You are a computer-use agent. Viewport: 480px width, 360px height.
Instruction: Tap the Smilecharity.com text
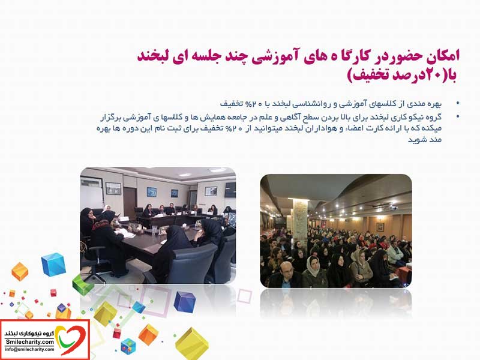(29, 342)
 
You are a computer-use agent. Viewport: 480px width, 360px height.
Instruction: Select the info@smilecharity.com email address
(29, 349)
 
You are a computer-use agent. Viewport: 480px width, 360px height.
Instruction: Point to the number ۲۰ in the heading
(431, 76)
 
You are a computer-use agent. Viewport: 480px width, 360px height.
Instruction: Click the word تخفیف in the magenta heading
(367, 76)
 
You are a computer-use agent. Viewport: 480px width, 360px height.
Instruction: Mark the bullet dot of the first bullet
(458, 103)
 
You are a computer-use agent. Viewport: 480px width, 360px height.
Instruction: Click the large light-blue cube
(54, 264)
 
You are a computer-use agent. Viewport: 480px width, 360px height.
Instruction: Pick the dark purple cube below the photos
(184, 302)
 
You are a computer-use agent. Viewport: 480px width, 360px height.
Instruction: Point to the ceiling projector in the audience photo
(392, 207)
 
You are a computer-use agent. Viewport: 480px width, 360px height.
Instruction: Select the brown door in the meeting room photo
(130, 203)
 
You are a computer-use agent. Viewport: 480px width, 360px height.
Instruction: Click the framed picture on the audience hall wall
(380, 227)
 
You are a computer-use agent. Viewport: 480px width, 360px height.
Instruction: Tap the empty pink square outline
(245, 296)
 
